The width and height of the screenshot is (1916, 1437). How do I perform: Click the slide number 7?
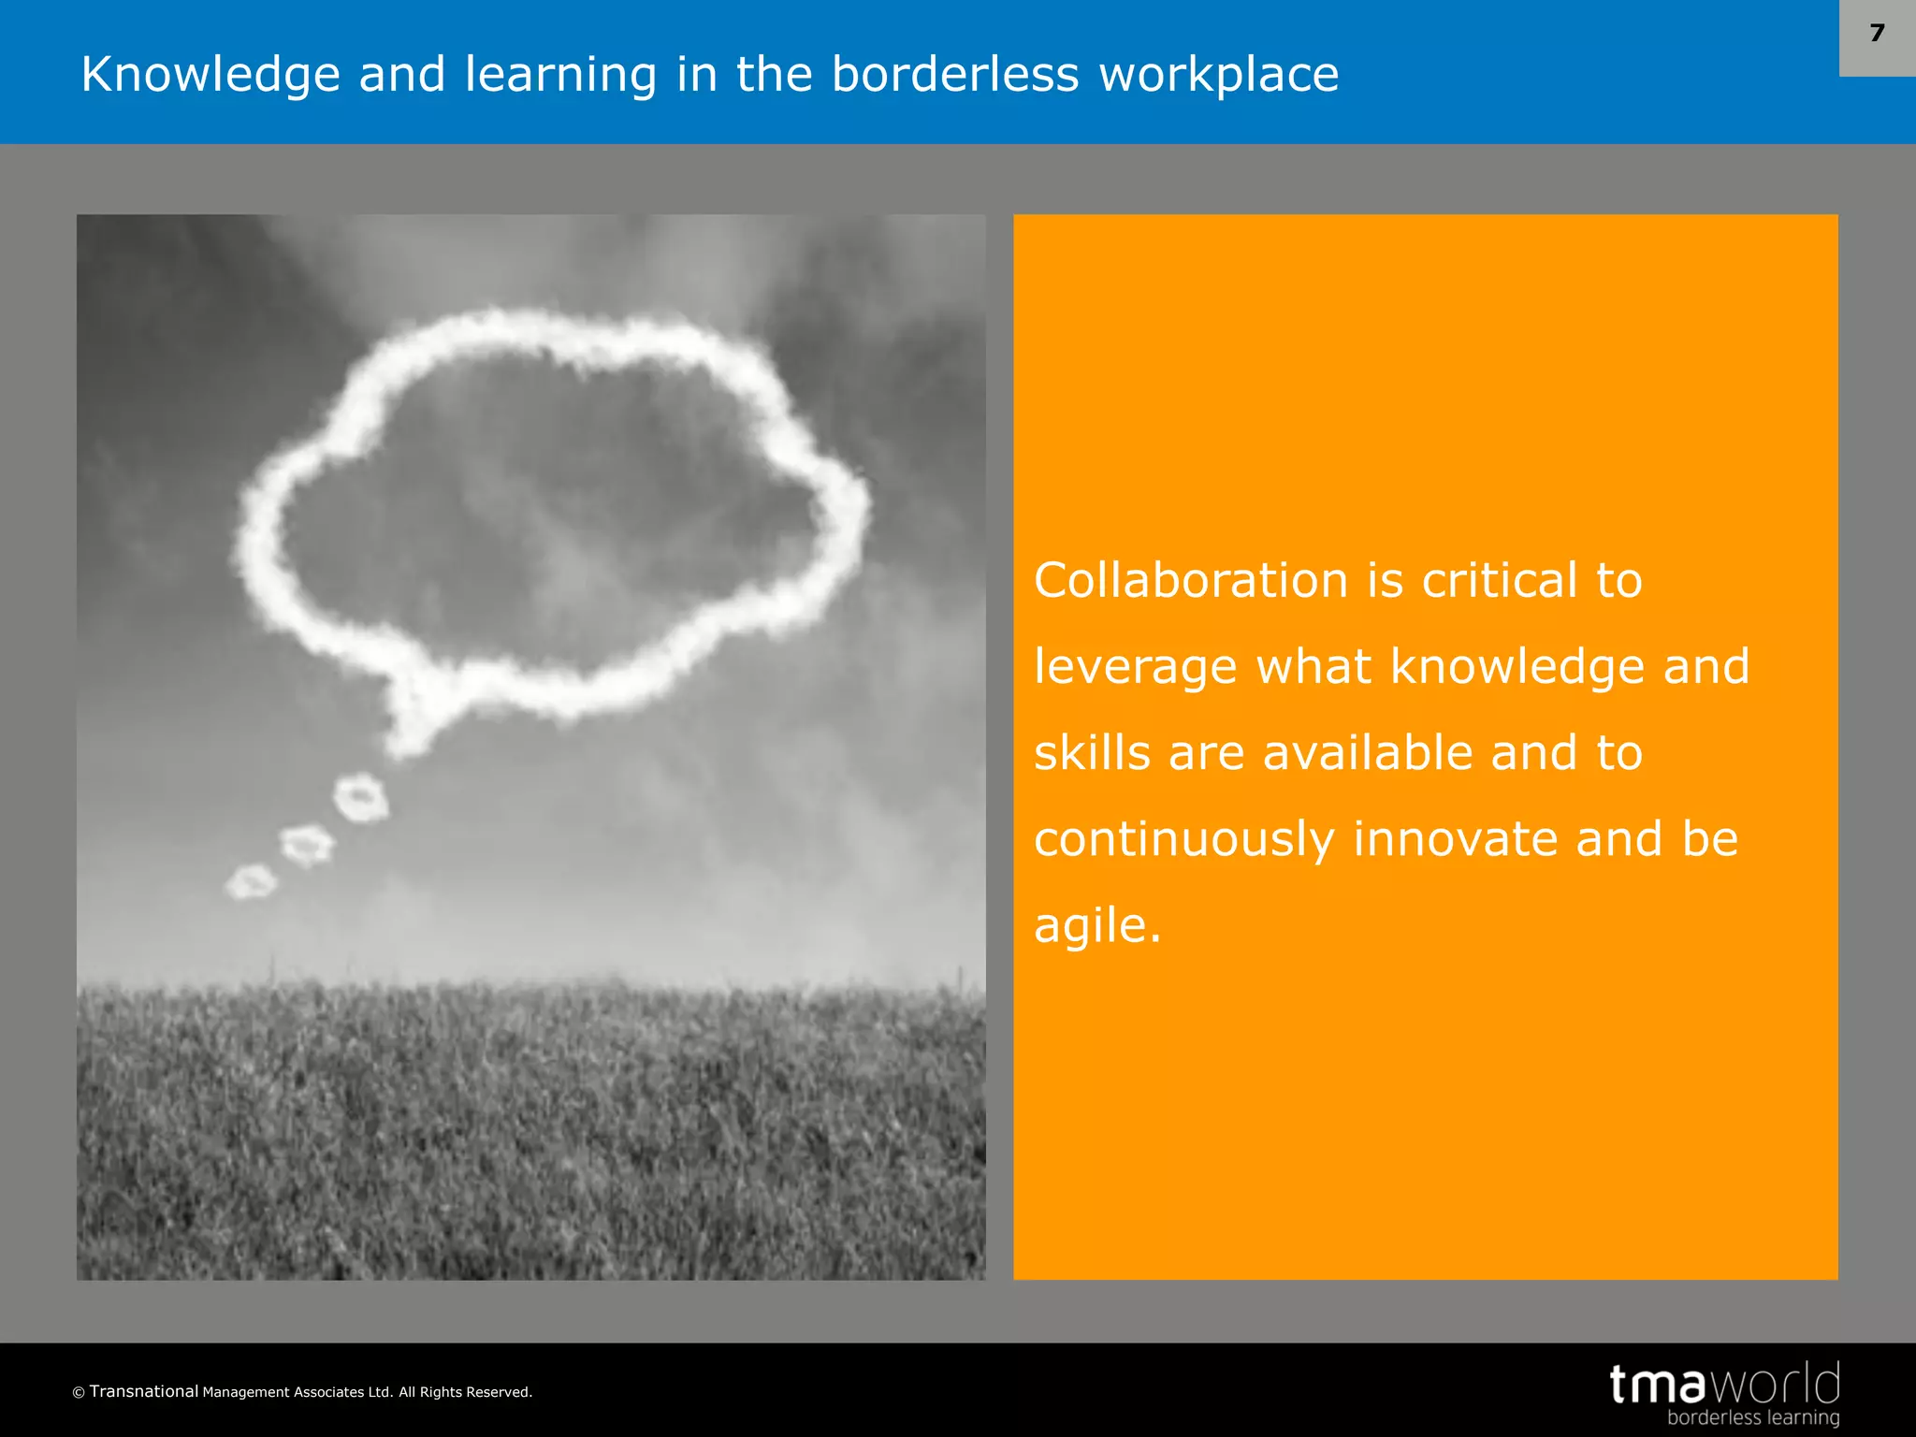(x=1877, y=34)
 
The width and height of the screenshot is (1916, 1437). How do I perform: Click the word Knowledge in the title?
(x=210, y=75)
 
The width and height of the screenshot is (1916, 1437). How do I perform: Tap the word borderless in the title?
(x=955, y=75)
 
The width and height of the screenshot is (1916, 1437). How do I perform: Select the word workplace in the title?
(x=1219, y=75)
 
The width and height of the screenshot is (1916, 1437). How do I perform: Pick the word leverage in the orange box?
(x=1135, y=667)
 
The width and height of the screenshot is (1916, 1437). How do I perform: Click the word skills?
(x=1092, y=753)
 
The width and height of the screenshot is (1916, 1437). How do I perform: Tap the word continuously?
(x=1183, y=839)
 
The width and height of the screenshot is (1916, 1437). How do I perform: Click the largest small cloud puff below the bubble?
(x=361, y=798)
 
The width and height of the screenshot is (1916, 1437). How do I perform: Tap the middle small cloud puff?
(x=307, y=845)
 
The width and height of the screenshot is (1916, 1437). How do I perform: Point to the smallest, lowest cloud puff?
(x=251, y=882)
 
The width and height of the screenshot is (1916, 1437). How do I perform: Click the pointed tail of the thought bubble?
(x=408, y=739)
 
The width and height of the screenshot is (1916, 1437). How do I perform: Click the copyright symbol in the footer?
(x=79, y=1393)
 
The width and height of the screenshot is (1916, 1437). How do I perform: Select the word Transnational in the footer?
(x=144, y=1391)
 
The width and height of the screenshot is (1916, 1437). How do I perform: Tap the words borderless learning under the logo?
(x=1752, y=1417)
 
